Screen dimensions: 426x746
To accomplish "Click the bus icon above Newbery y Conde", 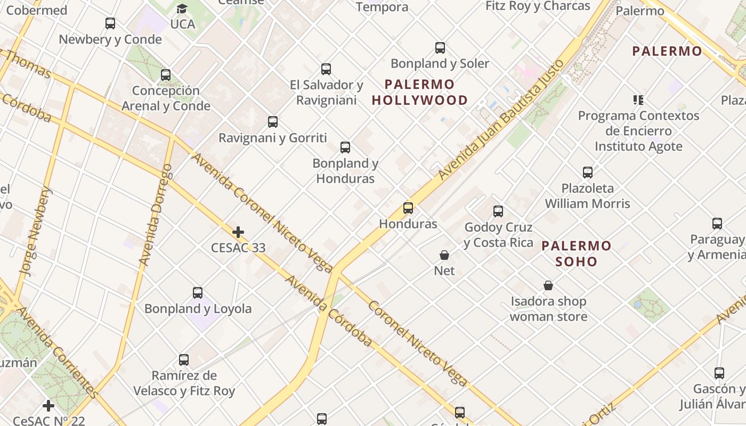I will pos(110,23).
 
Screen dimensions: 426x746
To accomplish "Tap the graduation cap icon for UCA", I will pos(182,9).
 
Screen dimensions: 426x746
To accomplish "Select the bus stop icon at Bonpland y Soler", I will pos(440,48).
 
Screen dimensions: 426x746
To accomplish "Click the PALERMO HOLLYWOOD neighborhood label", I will pos(420,92).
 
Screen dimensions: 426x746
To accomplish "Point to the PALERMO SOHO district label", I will pos(577,253).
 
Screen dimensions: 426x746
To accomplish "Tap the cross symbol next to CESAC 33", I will pos(238,232).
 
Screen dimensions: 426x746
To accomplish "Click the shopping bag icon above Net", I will pos(444,255).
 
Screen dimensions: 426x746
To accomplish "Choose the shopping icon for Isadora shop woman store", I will pos(548,286).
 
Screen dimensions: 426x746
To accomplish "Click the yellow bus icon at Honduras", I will pos(408,208).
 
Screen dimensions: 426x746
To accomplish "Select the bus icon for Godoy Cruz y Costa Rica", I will pos(498,211).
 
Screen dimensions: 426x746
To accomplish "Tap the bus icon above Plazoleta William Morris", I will pos(588,173).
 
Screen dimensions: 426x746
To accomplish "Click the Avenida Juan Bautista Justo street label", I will pos(501,120).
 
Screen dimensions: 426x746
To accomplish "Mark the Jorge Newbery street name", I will pos(36,231).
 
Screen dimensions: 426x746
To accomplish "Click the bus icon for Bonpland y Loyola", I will pos(198,293).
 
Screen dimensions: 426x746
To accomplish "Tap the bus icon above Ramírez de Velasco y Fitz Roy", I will pos(184,360).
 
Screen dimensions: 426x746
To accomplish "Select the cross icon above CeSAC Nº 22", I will pos(48,406).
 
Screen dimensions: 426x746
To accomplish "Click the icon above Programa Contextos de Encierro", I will pos(638,100).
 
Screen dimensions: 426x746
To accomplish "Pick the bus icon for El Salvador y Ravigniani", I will pos(326,69).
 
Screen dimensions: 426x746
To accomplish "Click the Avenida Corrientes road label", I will pos(56,352).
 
